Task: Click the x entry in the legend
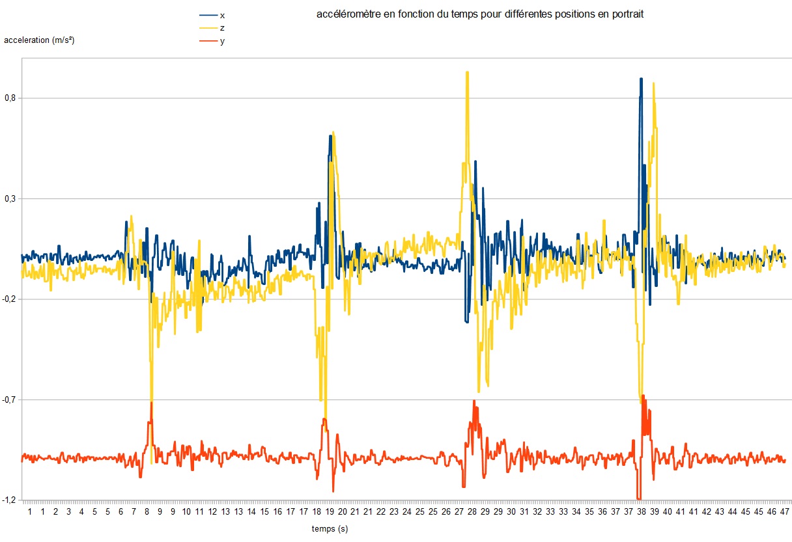(223, 15)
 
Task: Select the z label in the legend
(223, 28)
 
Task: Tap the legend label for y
(223, 41)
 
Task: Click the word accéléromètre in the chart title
(344, 15)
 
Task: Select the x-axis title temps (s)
(330, 529)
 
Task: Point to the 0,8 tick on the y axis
(10, 98)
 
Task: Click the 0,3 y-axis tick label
(10, 198)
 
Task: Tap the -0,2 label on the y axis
(9, 299)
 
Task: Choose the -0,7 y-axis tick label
(9, 400)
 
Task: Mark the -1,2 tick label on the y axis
(9, 500)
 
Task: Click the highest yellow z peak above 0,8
(467, 72)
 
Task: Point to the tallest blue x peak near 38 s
(641, 79)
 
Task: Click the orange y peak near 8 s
(151, 403)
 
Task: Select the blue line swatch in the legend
(207, 15)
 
